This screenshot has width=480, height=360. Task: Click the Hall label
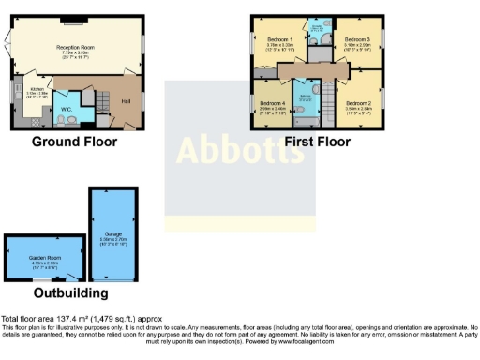click(125, 100)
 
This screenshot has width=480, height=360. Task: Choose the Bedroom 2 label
click(359, 103)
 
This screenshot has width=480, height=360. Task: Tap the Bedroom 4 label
click(272, 102)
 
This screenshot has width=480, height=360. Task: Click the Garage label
click(112, 234)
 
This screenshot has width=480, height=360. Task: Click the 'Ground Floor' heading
click(75, 142)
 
